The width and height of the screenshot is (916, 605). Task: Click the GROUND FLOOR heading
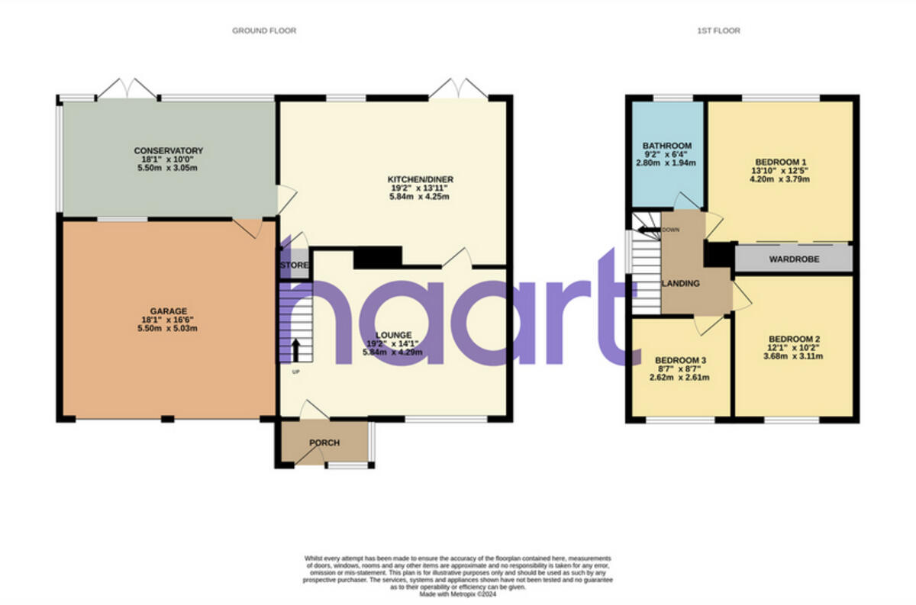point(264,31)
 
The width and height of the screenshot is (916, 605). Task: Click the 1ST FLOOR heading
point(718,31)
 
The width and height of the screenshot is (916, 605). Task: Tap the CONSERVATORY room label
point(169,150)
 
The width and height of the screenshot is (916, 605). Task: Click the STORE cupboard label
point(294,265)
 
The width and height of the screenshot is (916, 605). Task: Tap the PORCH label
point(324,442)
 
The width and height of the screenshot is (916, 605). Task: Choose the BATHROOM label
point(666,146)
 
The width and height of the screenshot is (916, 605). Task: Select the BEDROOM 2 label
point(794,339)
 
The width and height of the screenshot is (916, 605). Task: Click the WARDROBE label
point(794,259)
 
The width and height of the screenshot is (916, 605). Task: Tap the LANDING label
point(680,283)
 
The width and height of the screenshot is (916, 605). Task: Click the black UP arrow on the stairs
point(295,349)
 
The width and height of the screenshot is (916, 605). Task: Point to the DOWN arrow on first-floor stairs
point(647,229)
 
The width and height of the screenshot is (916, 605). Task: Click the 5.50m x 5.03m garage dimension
point(169,329)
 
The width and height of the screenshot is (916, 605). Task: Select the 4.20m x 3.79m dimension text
point(780,179)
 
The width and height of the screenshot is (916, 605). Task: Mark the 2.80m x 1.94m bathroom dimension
point(666,163)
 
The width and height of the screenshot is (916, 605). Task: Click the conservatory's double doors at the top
point(127,89)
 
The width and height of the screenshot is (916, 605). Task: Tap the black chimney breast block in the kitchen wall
point(378,258)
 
